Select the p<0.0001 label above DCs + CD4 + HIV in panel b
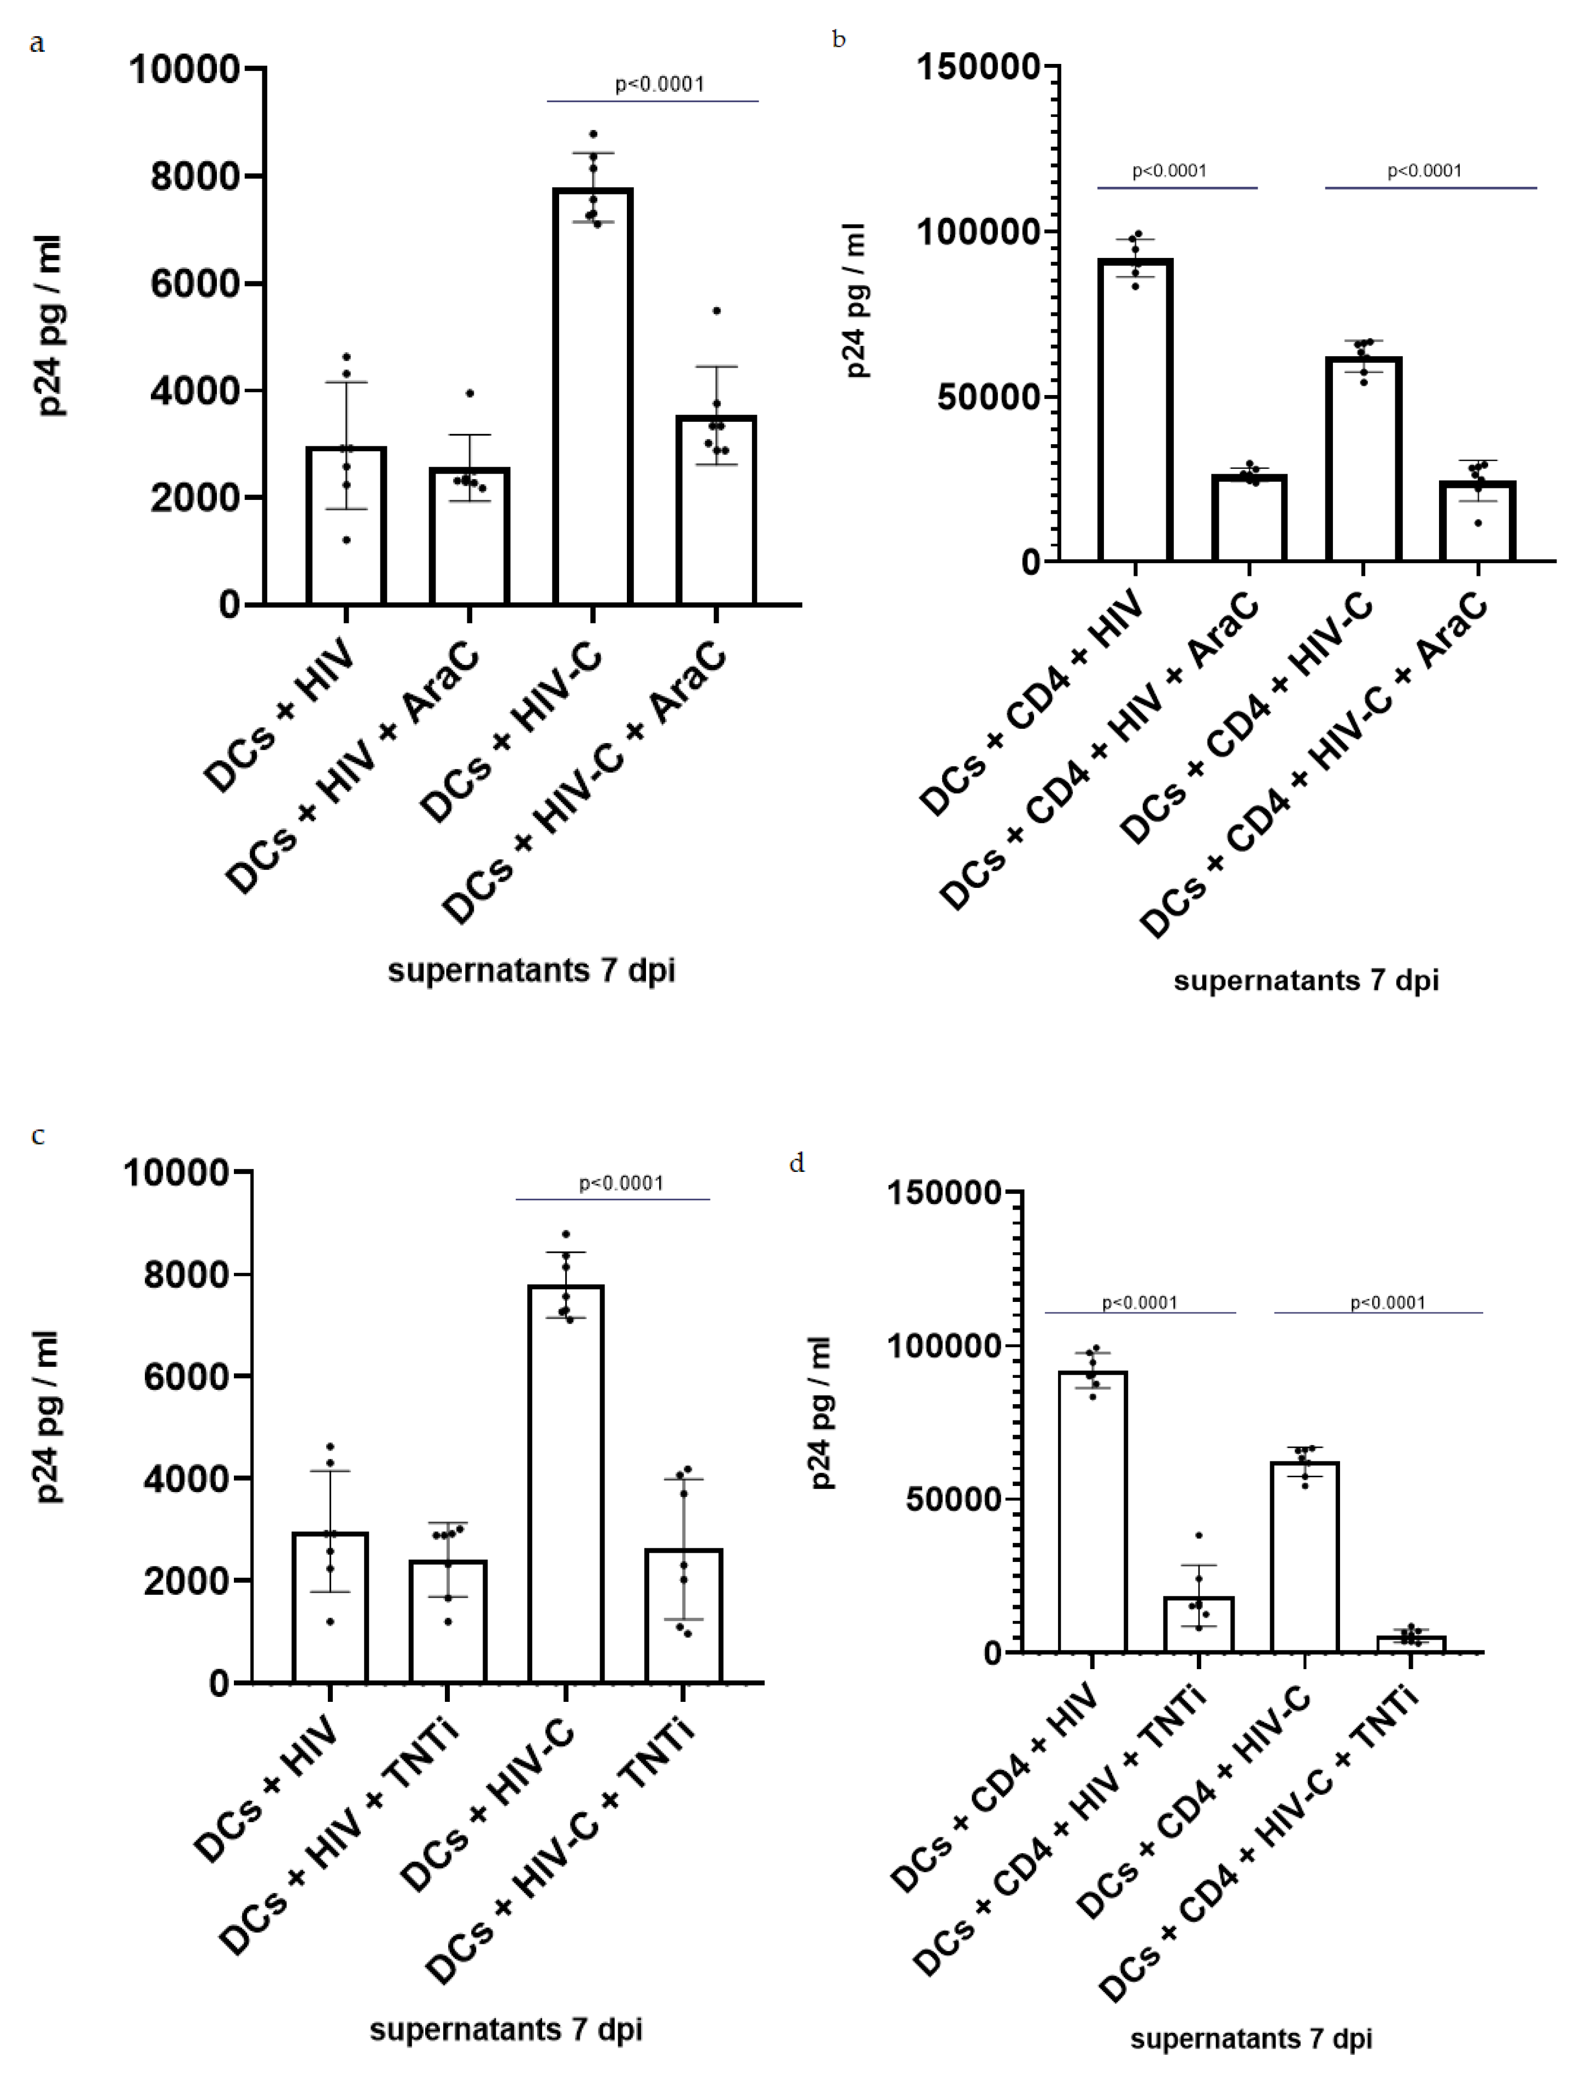[x=1169, y=171]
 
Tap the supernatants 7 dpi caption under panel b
[x=1306, y=981]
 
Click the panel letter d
[x=797, y=1163]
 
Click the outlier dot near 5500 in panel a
[x=716, y=310]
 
